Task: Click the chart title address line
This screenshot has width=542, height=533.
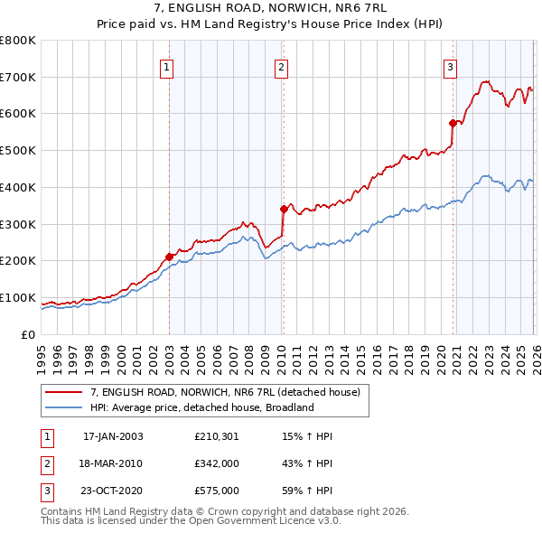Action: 271,9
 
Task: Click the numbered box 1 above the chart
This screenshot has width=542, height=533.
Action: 168,66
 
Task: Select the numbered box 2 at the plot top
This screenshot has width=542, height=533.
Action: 282,66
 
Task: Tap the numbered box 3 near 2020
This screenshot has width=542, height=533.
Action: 450,66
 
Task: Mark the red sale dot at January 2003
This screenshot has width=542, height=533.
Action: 169,257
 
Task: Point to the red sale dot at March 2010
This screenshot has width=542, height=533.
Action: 283,209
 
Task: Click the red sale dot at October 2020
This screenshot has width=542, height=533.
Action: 452,122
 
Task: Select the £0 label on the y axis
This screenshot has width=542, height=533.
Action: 29,335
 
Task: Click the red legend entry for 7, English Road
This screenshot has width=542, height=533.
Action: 225,392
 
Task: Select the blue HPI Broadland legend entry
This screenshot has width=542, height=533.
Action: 201,407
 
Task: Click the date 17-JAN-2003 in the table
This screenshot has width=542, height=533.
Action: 113,436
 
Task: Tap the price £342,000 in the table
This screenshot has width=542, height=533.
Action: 216,464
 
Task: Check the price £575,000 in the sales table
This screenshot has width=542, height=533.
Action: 216,491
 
